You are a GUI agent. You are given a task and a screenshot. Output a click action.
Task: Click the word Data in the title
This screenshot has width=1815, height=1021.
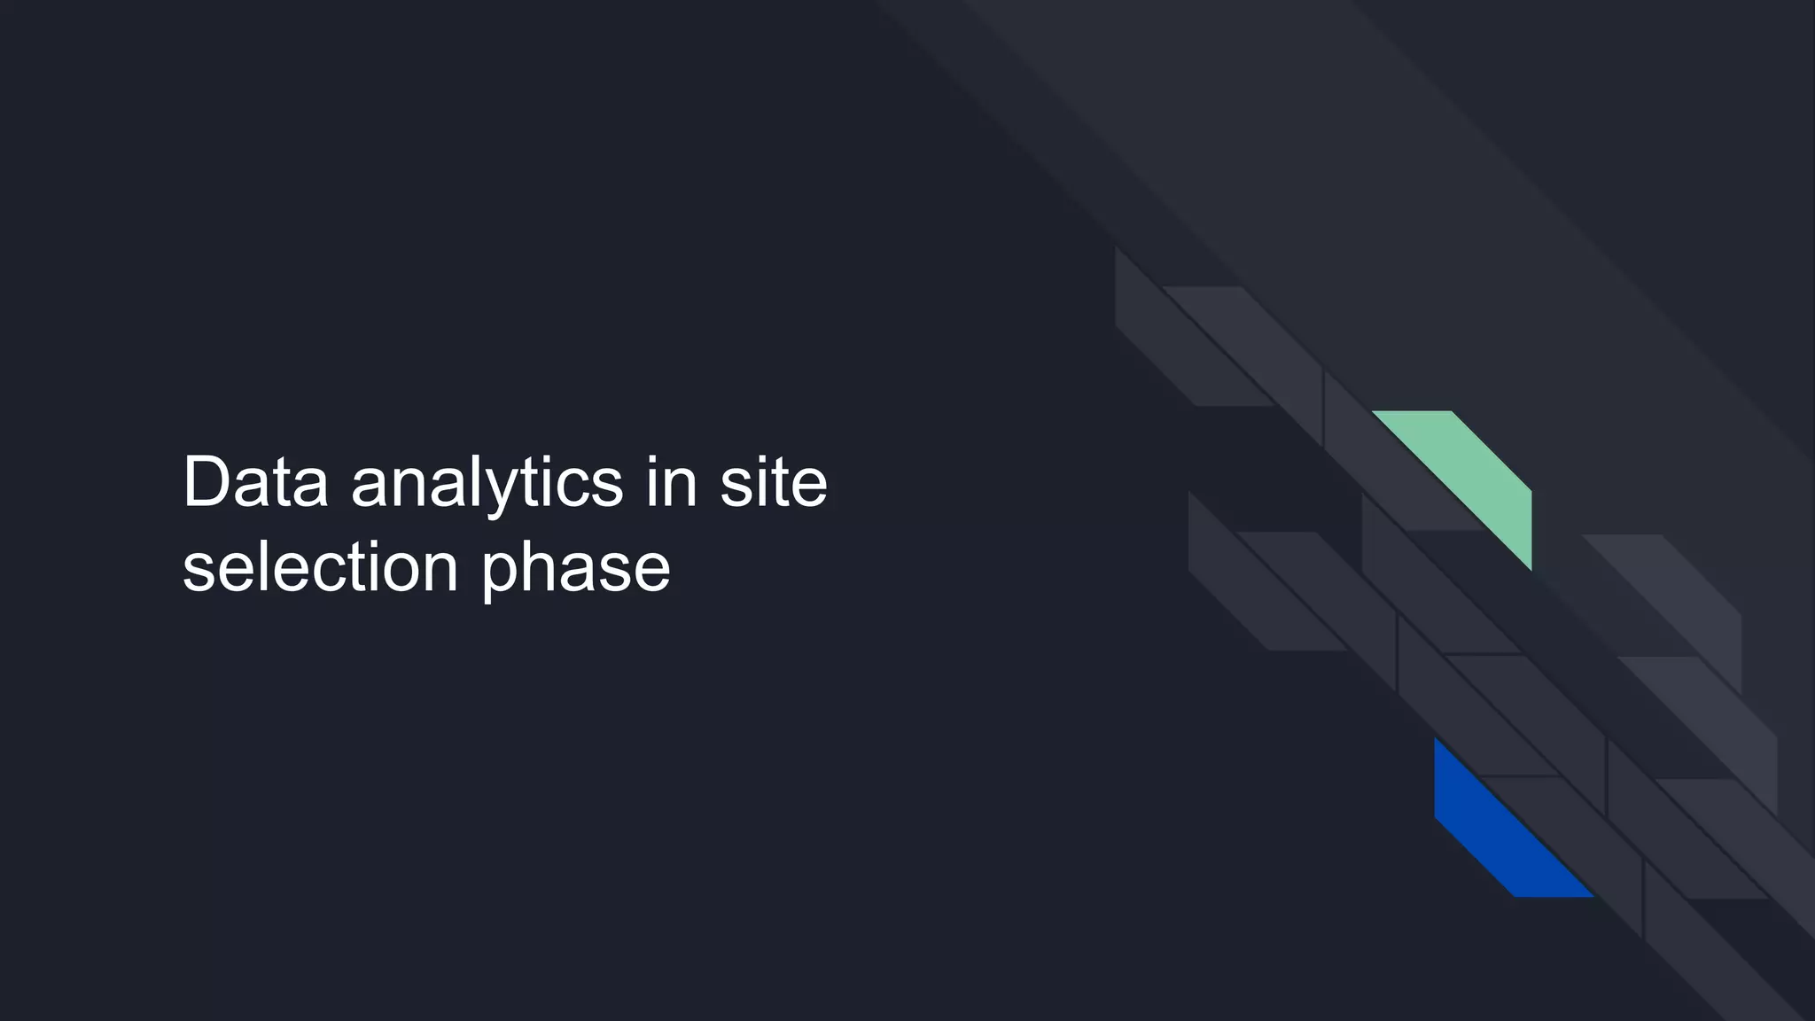(x=255, y=483)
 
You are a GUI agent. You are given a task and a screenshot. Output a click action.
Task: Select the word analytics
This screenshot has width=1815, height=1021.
(x=487, y=486)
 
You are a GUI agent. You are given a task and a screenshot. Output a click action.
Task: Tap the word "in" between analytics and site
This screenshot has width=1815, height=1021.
(x=672, y=483)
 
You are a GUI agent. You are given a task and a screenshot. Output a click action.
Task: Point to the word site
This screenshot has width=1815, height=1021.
(x=773, y=483)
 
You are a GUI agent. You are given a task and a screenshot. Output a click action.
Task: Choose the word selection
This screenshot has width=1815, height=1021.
(x=320, y=568)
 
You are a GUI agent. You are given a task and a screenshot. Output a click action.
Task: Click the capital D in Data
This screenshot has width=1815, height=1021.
(x=206, y=482)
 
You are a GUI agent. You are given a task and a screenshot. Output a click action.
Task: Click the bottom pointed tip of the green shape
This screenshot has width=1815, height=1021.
(x=1531, y=568)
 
